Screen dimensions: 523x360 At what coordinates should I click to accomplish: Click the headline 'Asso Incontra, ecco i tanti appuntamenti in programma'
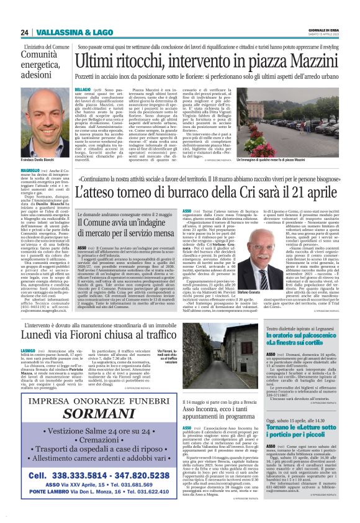[x=217, y=414]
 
